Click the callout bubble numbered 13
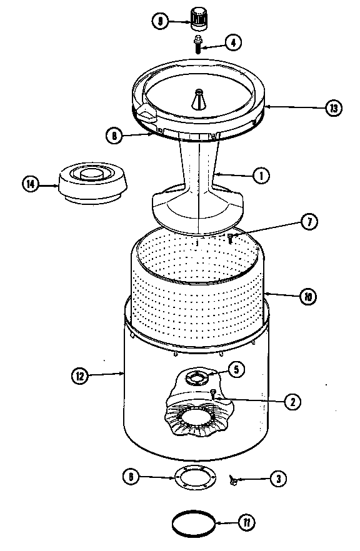(334, 107)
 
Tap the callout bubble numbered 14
(31, 184)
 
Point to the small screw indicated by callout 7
(230, 237)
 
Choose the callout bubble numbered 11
(248, 522)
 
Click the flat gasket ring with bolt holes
(194, 478)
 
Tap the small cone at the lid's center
(199, 100)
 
